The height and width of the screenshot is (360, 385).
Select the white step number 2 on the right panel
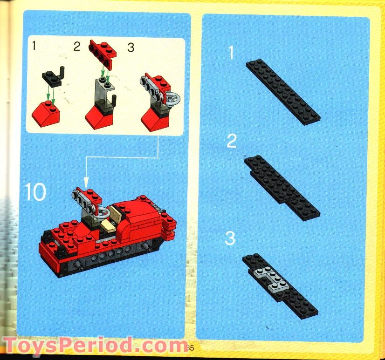tap(232, 141)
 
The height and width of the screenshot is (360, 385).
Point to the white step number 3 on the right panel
tap(230, 238)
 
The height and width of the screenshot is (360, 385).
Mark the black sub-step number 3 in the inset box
tap(131, 48)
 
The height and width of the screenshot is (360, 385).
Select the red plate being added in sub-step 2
tap(102, 50)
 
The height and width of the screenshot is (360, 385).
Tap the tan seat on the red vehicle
tap(108, 226)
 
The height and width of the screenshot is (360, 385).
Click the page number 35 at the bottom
tap(189, 347)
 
